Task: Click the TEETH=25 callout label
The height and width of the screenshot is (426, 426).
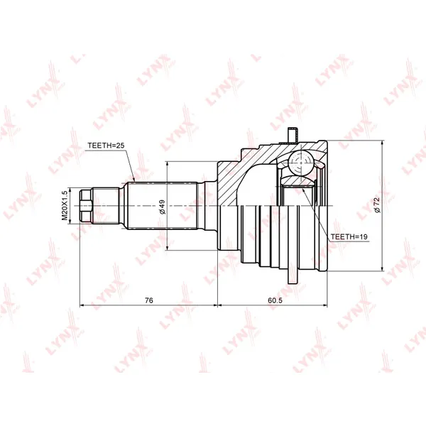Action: (106, 146)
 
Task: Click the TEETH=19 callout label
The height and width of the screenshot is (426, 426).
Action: (349, 236)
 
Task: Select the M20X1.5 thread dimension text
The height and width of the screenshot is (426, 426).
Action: (64, 205)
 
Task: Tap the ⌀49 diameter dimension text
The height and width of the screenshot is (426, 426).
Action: (162, 207)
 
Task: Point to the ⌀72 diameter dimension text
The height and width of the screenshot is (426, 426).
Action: (377, 205)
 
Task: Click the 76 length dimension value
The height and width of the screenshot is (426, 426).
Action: (149, 300)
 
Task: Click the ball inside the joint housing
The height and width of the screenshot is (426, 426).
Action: (301, 163)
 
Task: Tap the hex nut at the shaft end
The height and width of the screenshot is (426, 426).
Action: (86, 206)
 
